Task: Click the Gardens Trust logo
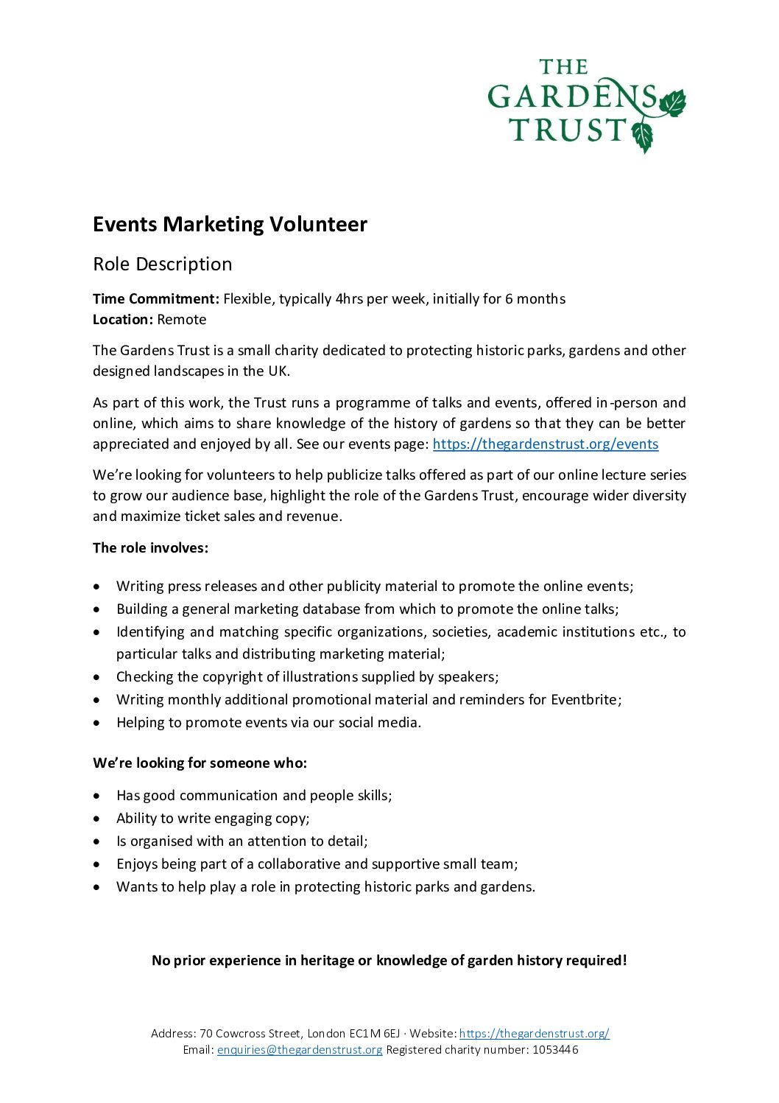(x=586, y=105)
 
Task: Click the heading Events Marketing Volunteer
(x=230, y=224)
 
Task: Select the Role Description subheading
(x=162, y=264)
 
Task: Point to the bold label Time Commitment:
(x=156, y=298)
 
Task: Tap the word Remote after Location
(x=182, y=319)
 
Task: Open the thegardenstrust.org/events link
(x=545, y=444)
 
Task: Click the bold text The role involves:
(x=150, y=547)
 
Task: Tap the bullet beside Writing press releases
(x=98, y=586)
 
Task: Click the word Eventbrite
(x=585, y=699)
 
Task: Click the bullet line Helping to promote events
(x=269, y=722)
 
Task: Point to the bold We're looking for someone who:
(x=200, y=763)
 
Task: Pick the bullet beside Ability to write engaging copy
(x=98, y=819)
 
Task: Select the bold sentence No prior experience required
(x=389, y=960)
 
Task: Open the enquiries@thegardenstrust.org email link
(x=300, y=1049)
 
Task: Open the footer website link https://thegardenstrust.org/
(x=534, y=1033)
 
